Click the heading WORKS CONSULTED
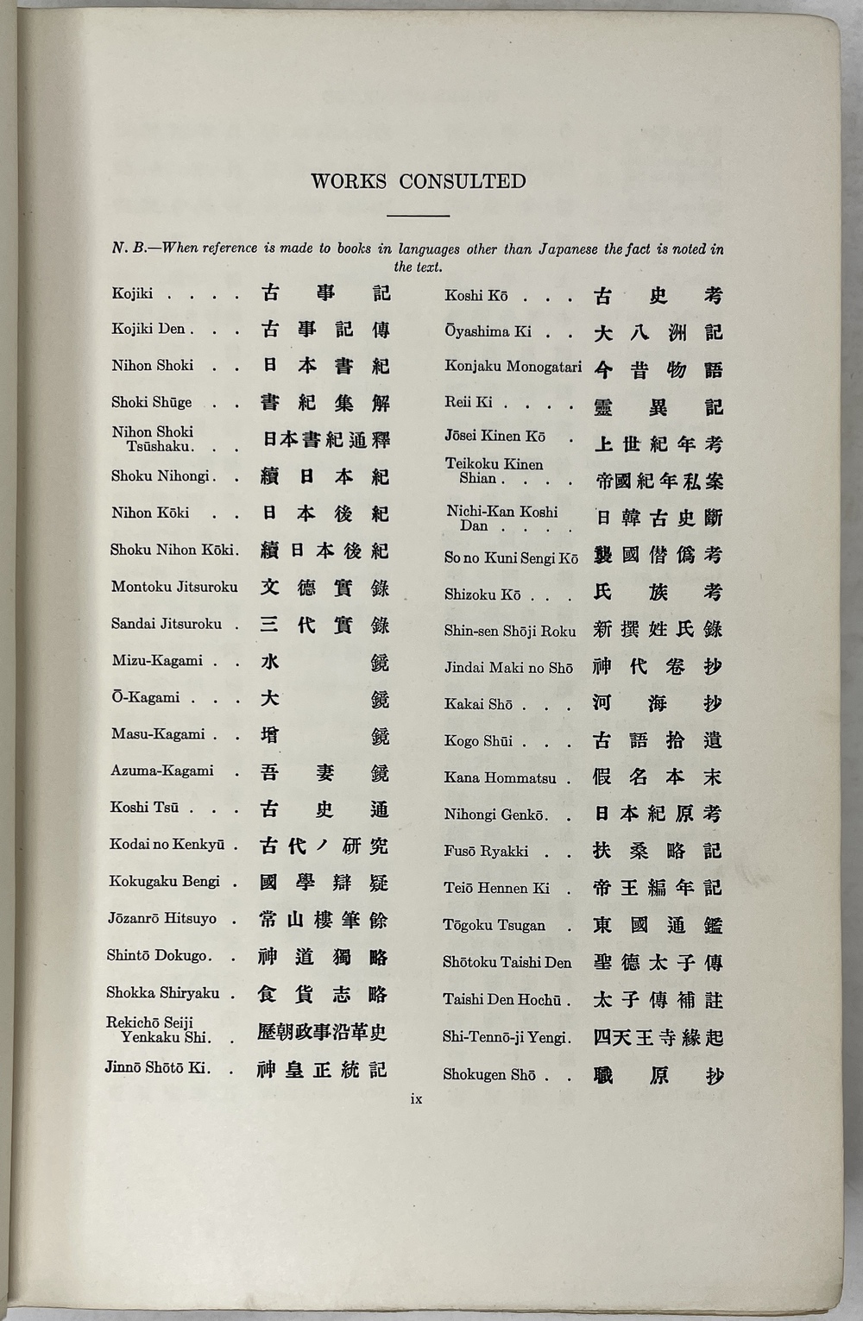pos(419,181)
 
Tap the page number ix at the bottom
pos(416,1098)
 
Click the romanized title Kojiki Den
pos(148,329)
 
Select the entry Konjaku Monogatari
pos(513,366)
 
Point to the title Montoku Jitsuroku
pos(173,587)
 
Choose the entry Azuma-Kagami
pos(161,771)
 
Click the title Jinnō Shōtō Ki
pos(157,1068)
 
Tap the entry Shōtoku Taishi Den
pos(507,962)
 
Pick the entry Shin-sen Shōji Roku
pos(509,631)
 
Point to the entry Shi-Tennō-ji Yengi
pos(506,1037)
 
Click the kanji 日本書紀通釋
pos(325,440)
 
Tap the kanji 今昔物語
pos(658,370)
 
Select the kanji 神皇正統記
pos(323,1070)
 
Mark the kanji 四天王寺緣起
pos(658,1038)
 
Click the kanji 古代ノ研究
pos(324,846)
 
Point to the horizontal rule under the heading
pos(419,215)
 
